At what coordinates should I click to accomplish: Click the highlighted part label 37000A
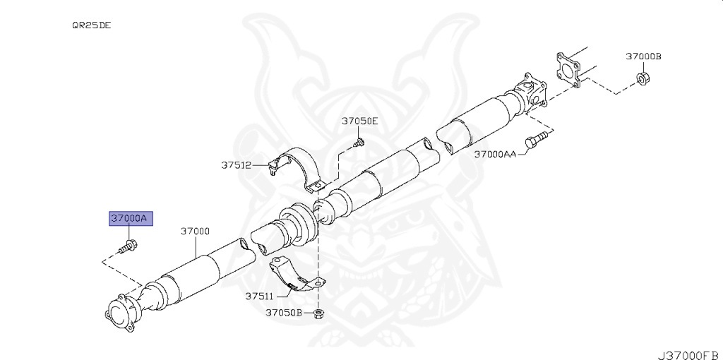[x=128, y=219]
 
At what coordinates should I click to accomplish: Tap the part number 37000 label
[x=195, y=231]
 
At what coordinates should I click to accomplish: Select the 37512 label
[x=236, y=165]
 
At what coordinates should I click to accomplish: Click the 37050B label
[x=284, y=312]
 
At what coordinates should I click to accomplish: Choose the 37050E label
[x=359, y=121]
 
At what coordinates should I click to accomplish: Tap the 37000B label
[x=643, y=56]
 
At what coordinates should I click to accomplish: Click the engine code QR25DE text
[x=91, y=25]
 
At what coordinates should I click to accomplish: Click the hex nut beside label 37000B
[x=643, y=78]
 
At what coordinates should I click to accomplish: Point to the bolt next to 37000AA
[x=538, y=138]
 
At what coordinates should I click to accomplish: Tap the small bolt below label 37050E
[x=359, y=143]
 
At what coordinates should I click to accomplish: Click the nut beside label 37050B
[x=318, y=313]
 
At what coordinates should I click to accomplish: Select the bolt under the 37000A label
[x=129, y=246]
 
